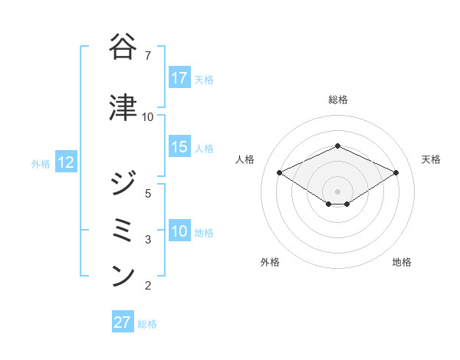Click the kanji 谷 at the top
(x=124, y=47)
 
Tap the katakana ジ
(x=124, y=183)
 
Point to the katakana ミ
(x=124, y=229)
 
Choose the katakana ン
(x=124, y=275)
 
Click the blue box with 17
(x=179, y=78)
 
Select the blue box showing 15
(x=179, y=147)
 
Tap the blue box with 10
(x=179, y=231)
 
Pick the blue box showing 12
(x=65, y=162)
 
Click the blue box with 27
(x=123, y=322)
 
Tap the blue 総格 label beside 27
(x=147, y=324)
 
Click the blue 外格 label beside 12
(x=40, y=163)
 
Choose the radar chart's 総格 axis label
(x=337, y=100)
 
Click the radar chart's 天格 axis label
(x=431, y=159)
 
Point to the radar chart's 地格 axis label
(x=402, y=262)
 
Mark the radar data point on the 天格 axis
(x=396, y=173)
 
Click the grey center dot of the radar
(x=337, y=190)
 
